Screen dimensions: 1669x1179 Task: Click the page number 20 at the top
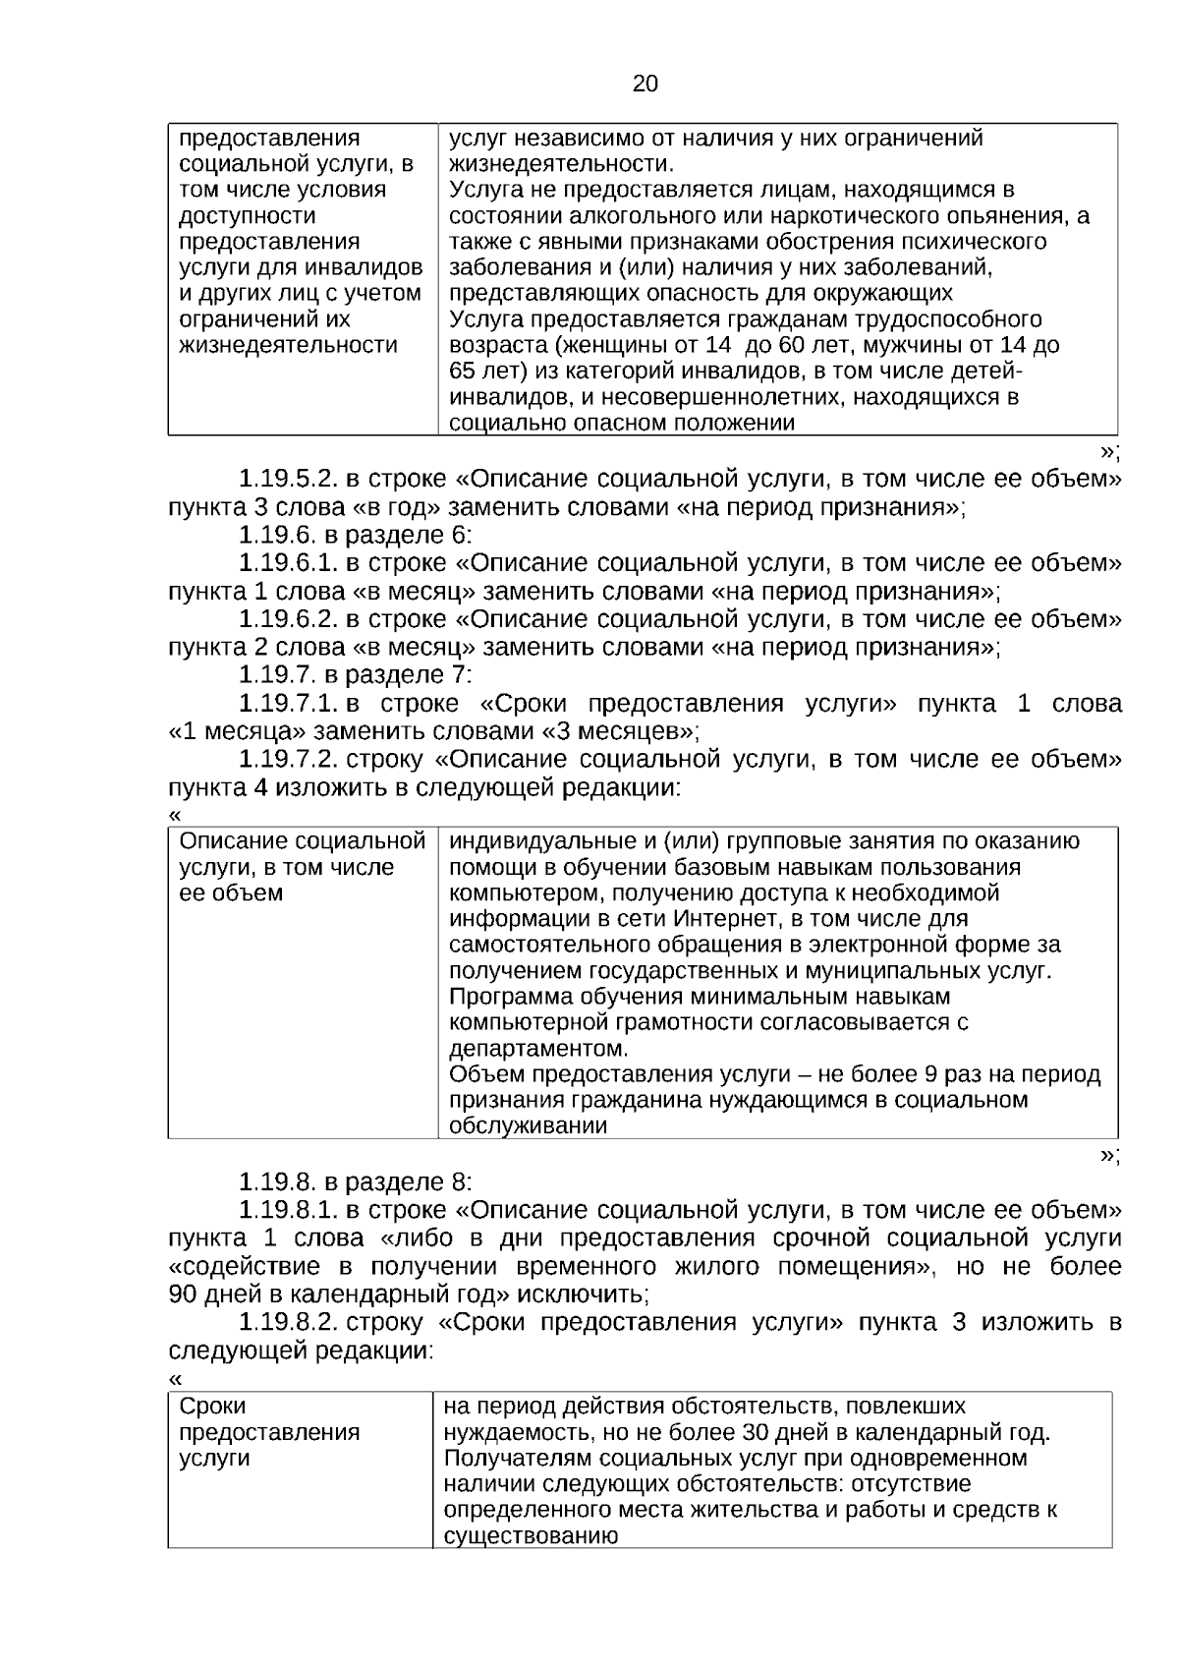click(x=645, y=85)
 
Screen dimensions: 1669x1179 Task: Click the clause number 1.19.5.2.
click(x=288, y=480)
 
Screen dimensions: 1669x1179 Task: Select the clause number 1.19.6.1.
click(x=288, y=563)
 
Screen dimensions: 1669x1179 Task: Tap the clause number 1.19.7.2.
click(x=288, y=760)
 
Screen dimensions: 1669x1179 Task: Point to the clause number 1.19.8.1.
click(x=288, y=1210)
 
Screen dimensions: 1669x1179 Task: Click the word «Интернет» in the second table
click(x=718, y=919)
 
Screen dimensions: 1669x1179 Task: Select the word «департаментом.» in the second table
click(x=537, y=1048)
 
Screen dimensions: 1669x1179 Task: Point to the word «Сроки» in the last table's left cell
click(x=212, y=1407)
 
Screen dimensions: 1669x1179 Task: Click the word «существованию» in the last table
click(x=531, y=1536)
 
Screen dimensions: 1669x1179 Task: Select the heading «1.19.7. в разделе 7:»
click(x=356, y=675)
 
